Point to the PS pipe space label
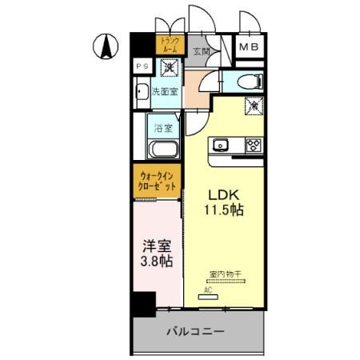[142, 66]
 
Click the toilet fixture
[250, 81]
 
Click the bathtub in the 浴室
[166, 149]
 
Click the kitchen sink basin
[222, 145]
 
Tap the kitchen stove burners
[254, 145]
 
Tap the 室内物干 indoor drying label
[225, 274]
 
